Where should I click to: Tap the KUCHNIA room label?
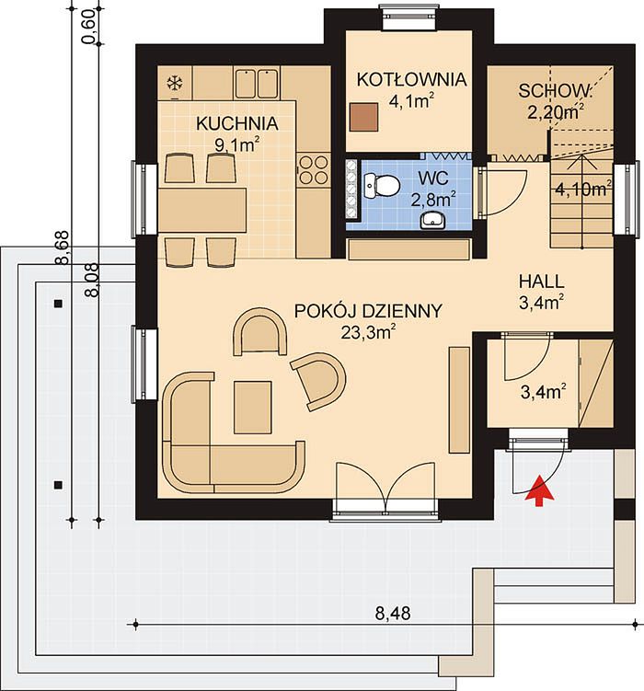[237, 124]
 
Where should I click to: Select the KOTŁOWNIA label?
[411, 80]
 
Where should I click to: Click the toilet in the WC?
[382, 185]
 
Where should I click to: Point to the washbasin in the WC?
[432, 220]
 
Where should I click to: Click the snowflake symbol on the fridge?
[175, 83]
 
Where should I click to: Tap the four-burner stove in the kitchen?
[313, 169]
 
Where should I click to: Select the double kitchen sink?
[256, 83]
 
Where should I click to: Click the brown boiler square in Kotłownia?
[363, 117]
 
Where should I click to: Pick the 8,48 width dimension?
[393, 614]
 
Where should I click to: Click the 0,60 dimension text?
[89, 29]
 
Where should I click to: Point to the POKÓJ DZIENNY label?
[367, 311]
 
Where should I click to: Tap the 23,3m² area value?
[368, 332]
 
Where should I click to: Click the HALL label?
[541, 282]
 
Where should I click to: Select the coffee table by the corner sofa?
[252, 408]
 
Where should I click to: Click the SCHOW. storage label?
[555, 91]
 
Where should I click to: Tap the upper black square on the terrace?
[58, 304]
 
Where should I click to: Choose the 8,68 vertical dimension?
[63, 248]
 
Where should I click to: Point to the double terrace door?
[385, 489]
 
